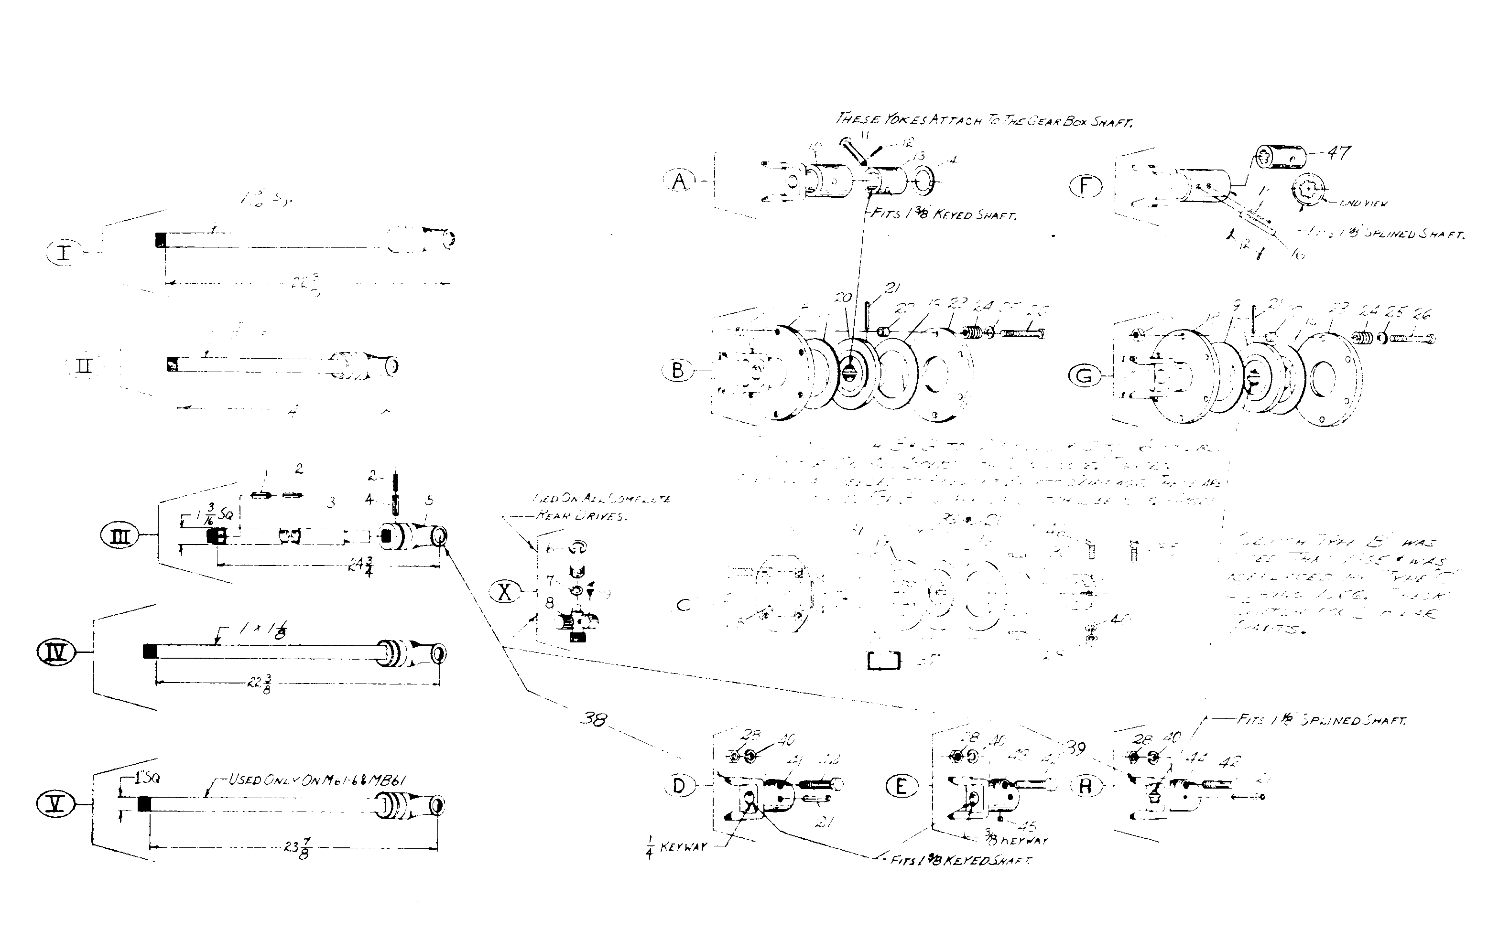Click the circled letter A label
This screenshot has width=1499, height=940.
point(679,181)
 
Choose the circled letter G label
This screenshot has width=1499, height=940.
point(1084,376)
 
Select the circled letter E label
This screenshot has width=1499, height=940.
point(901,787)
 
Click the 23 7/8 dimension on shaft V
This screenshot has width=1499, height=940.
point(297,849)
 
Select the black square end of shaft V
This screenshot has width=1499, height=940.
point(144,804)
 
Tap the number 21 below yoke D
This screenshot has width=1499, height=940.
point(824,822)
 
